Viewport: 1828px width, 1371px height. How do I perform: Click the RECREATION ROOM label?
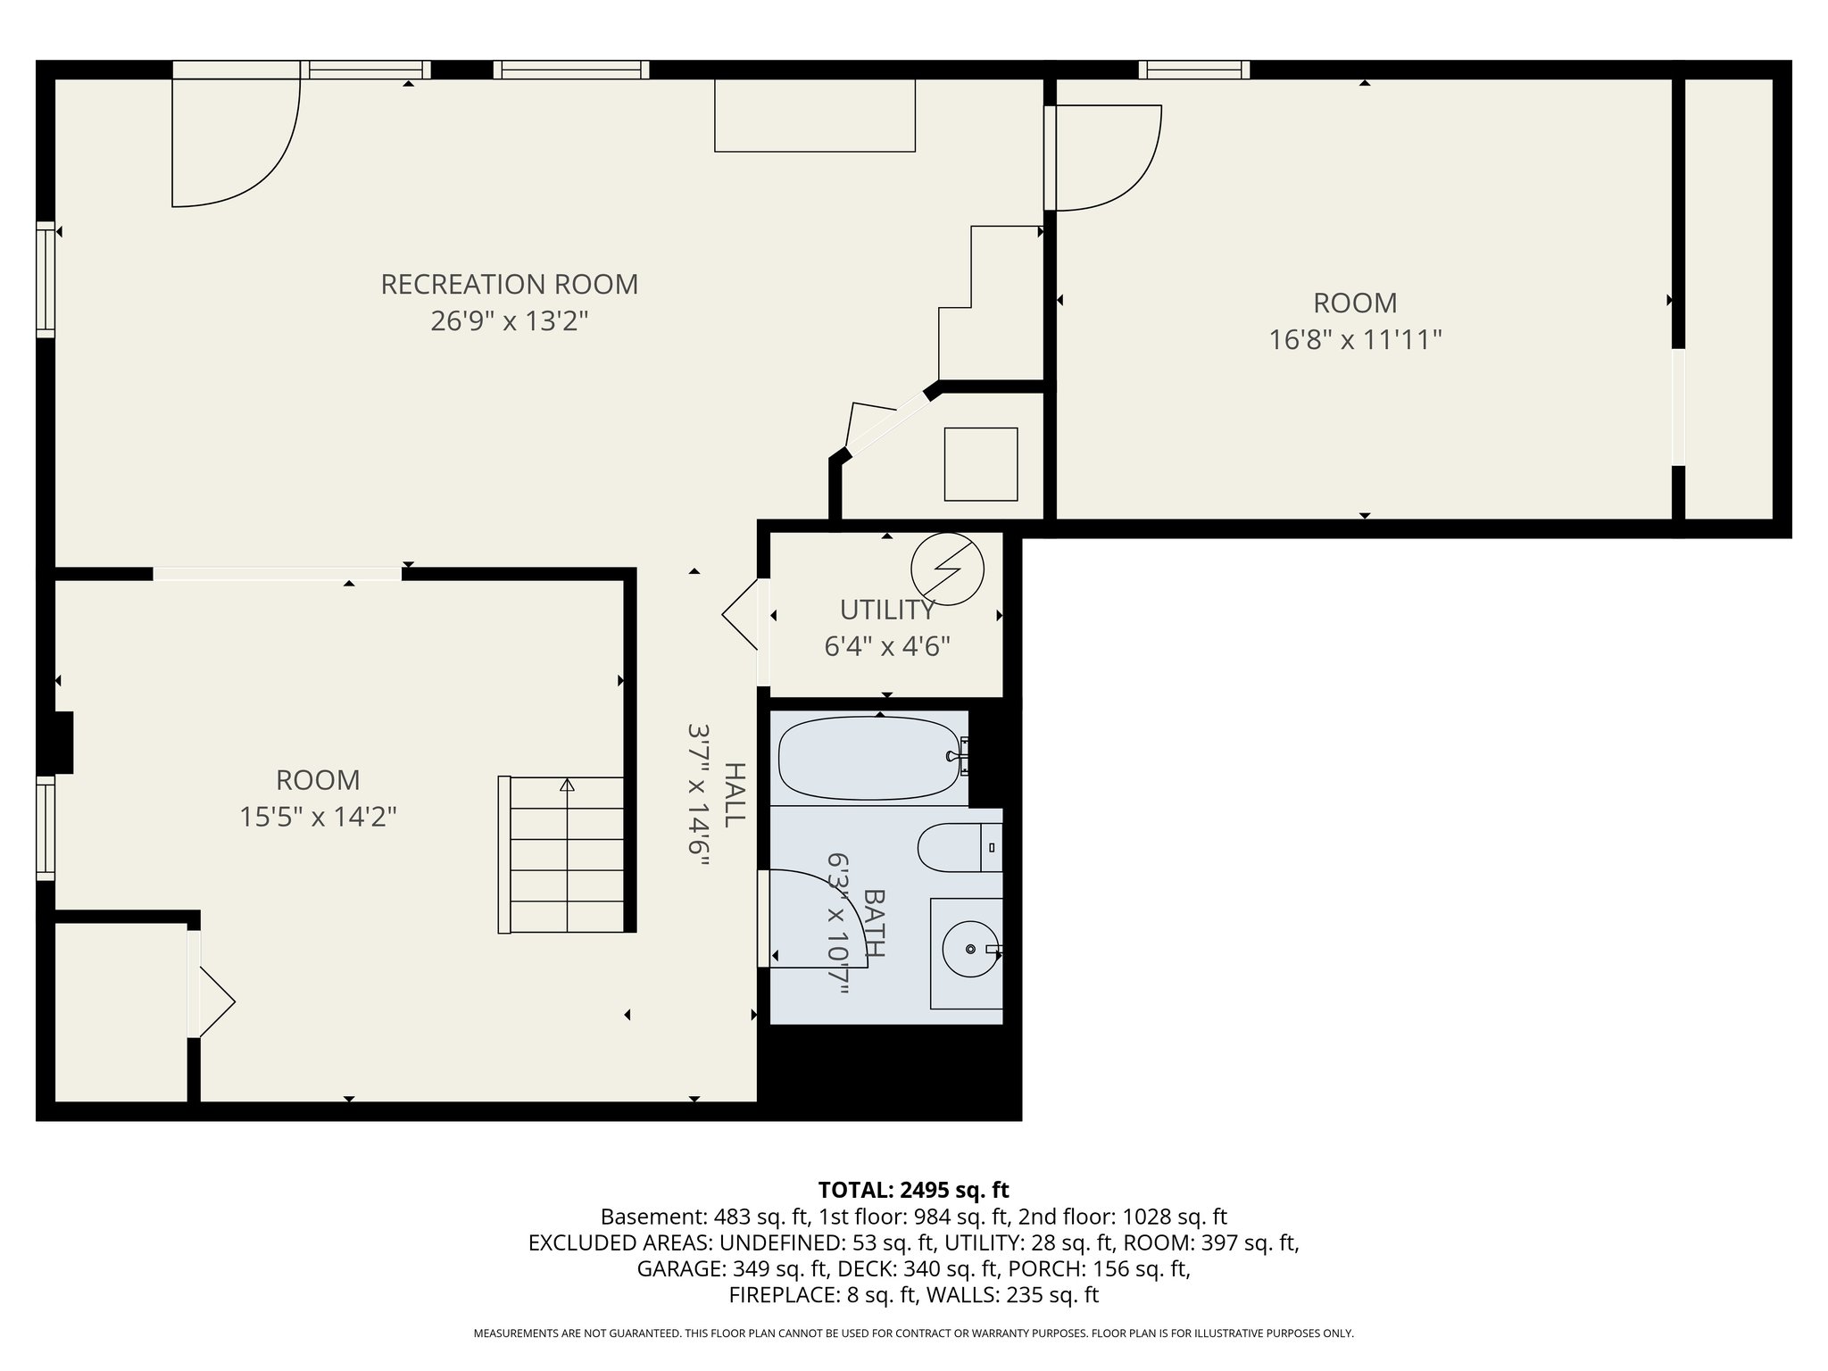tap(509, 285)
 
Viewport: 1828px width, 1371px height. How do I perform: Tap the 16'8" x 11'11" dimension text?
tap(1355, 340)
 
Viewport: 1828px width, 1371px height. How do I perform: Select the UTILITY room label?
tap(886, 610)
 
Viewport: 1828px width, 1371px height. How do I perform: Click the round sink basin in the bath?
tap(969, 949)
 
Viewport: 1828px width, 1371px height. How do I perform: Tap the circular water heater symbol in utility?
tap(947, 569)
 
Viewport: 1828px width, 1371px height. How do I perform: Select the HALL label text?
tap(734, 794)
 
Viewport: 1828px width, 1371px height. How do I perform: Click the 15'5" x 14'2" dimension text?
tap(318, 817)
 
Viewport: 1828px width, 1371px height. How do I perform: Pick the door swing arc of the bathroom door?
tap(839, 902)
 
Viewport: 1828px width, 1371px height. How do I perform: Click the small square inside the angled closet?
tap(981, 464)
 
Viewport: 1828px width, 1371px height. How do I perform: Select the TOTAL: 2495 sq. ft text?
tap(913, 1190)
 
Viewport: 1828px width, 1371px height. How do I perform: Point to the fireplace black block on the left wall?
tap(62, 742)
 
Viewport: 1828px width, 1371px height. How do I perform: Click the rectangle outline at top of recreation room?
tap(815, 115)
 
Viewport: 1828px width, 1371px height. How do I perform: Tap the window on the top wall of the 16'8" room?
tap(1193, 70)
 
